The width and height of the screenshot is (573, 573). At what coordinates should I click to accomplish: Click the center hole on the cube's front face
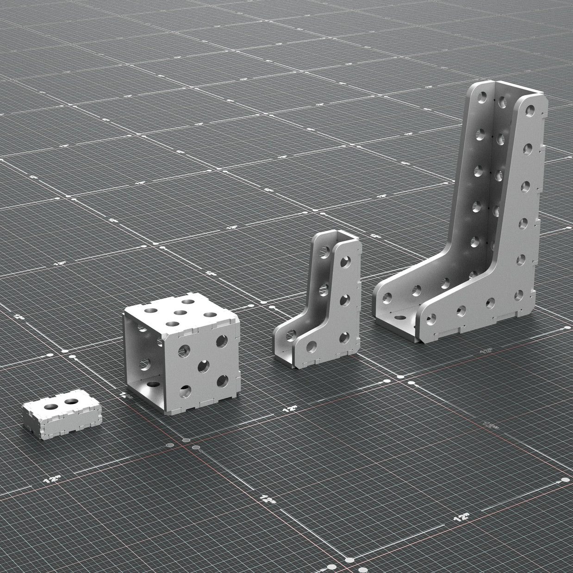(x=203, y=367)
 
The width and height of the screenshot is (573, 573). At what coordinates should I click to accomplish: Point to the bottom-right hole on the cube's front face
(x=223, y=382)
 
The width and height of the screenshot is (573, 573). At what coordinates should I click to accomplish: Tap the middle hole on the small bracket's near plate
(x=346, y=300)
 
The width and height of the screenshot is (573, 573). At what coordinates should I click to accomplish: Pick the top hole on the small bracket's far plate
(x=326, y=254)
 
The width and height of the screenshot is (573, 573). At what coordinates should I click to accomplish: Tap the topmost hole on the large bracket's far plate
(x=483, y=98)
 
